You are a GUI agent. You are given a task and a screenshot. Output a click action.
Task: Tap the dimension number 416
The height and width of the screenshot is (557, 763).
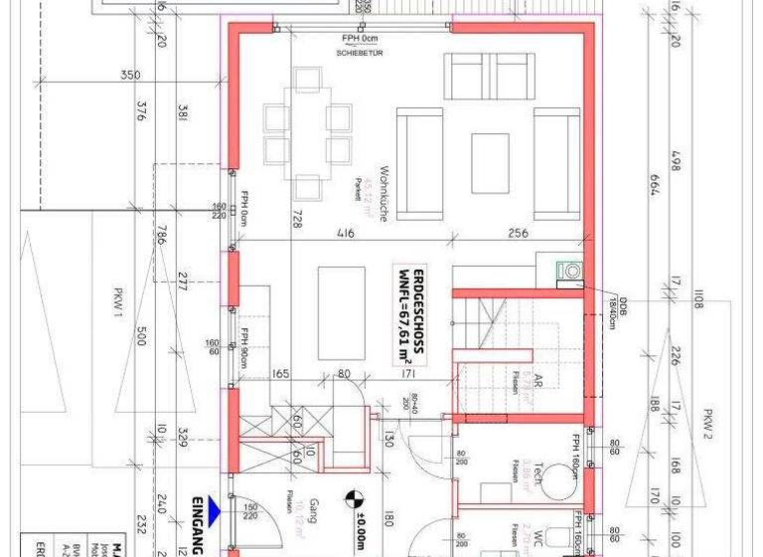(x=345, y=234)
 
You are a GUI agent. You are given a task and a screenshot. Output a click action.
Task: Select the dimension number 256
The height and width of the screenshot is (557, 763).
(x=520, y=234)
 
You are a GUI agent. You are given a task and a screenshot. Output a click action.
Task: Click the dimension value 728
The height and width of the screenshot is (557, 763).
(x=295, y=219)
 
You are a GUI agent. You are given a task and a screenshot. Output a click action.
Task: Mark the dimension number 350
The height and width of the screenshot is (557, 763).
(x=128, y=76)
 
